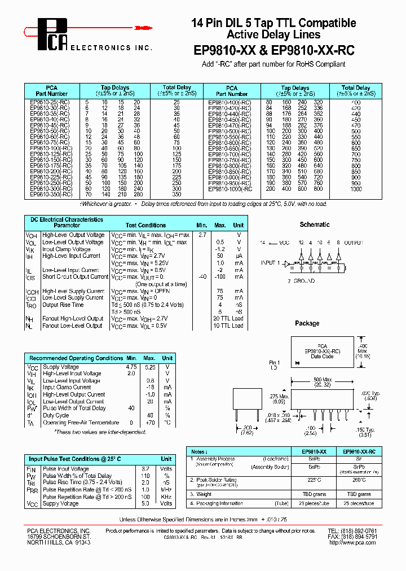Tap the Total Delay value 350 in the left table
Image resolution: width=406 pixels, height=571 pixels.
(x=176, y=194)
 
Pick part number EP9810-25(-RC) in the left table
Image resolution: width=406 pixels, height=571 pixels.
(x=50, y=101)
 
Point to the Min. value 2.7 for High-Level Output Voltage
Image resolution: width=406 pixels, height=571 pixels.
(x=202, y=234)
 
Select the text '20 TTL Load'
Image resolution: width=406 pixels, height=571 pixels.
(x=228, y=319)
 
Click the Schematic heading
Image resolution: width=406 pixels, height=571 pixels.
(x=315, y=224)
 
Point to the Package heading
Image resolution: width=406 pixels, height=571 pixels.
(x=307, y=323)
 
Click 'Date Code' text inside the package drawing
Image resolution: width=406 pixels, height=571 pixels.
(x=323, y=356)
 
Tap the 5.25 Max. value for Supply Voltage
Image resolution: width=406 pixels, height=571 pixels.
(x=149, y=366)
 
